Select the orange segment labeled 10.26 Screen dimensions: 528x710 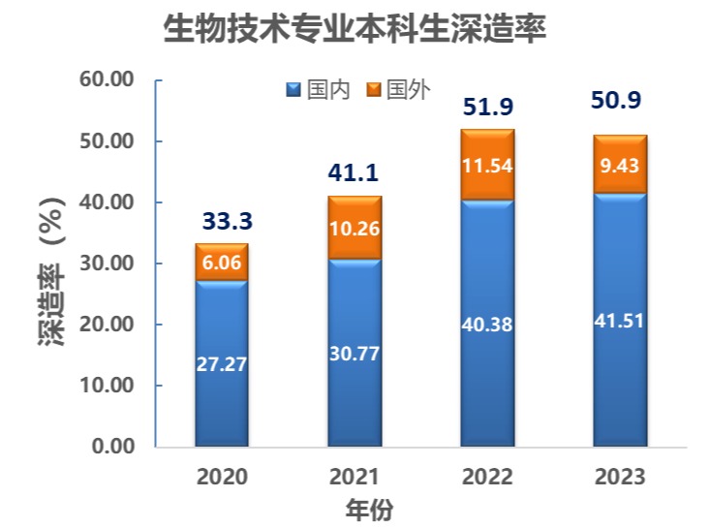[355, 230]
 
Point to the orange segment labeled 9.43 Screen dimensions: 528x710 [619, 166]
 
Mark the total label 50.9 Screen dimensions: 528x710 [619, 102]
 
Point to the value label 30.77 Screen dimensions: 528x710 [355, 353]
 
